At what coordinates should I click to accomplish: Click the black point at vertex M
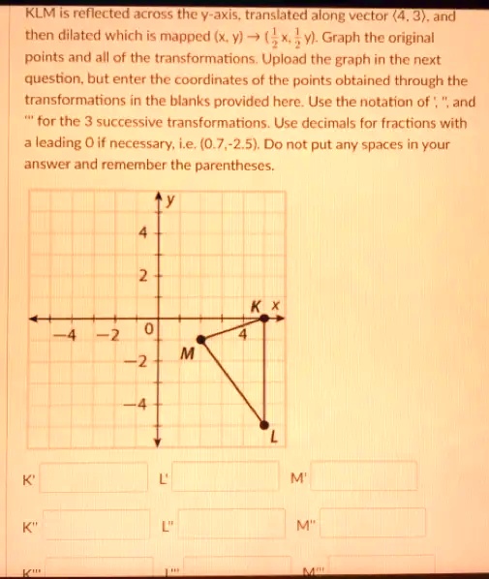click(x=201, y=339)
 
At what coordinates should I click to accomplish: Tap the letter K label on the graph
click(x=256, y=306)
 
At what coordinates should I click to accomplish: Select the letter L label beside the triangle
click(x=273, y=439)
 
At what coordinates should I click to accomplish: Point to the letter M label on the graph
click(x=188, y=357)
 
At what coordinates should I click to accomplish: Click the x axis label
click(x=275, y=306)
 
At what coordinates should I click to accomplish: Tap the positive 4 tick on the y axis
click(x=141, y=233)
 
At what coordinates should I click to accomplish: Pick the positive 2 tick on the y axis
click(x=141, y=277)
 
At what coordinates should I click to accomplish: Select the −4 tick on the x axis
click(x=62, y=335)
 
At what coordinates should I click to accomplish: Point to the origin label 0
click(x=147, y=330)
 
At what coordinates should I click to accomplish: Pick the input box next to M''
click(x=373, y=525)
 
